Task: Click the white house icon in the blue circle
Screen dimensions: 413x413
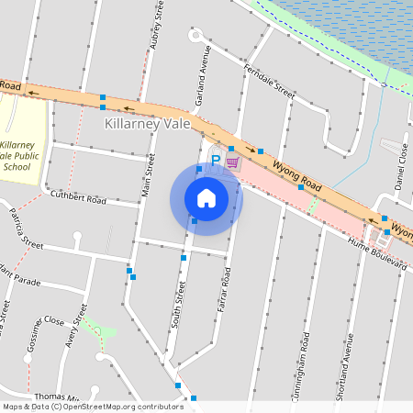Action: coord(206,198)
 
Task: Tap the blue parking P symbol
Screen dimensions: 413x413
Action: coord(215,161)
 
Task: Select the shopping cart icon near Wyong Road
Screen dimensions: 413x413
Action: coord(233,162)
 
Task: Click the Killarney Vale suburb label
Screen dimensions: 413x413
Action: coord(147,124)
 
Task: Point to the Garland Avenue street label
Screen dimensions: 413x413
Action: coord(207,66)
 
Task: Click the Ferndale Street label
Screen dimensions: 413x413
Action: coord(269,82)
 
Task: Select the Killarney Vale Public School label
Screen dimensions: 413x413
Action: coord(17,156)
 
